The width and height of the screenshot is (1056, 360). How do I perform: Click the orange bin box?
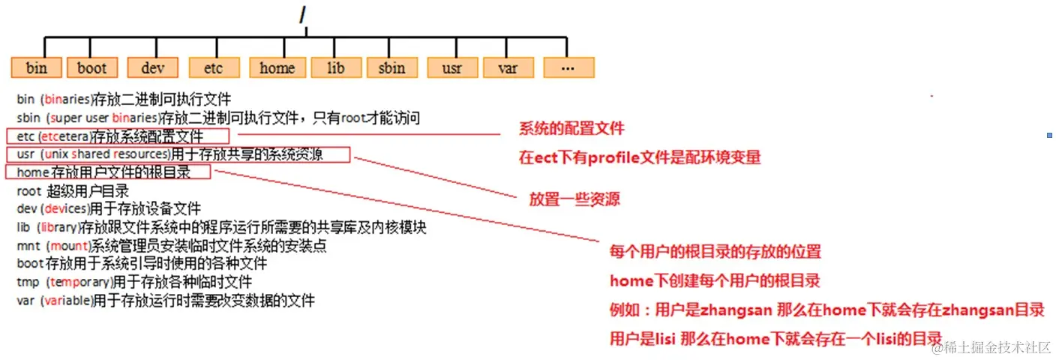click(x=37, y=68)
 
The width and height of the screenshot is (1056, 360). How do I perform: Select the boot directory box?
click(x=92, y=68)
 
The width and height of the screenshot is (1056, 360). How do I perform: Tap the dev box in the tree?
click(x=153, y=68)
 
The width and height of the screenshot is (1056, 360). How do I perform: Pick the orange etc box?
click(x=214, y=68)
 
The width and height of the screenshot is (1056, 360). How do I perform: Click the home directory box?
click(x=277, y=68)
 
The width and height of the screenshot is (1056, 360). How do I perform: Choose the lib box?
click(x=336, y=68)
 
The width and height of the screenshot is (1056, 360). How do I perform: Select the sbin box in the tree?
click(x=392, y=68)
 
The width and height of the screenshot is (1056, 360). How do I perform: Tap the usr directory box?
click(x=451, y=68)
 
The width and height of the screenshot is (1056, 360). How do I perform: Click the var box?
click(x=508, y=68)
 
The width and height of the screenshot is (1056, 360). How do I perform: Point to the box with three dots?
click(x=568, y=68)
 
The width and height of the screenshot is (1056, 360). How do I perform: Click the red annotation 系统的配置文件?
click(x=571, y=129)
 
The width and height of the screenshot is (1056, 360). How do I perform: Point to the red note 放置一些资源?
click(x=574, y=199)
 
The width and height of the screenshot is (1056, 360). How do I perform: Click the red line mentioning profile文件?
click(x=640, y=157)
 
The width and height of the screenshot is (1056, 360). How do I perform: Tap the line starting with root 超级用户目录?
click(x=73, y=191)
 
